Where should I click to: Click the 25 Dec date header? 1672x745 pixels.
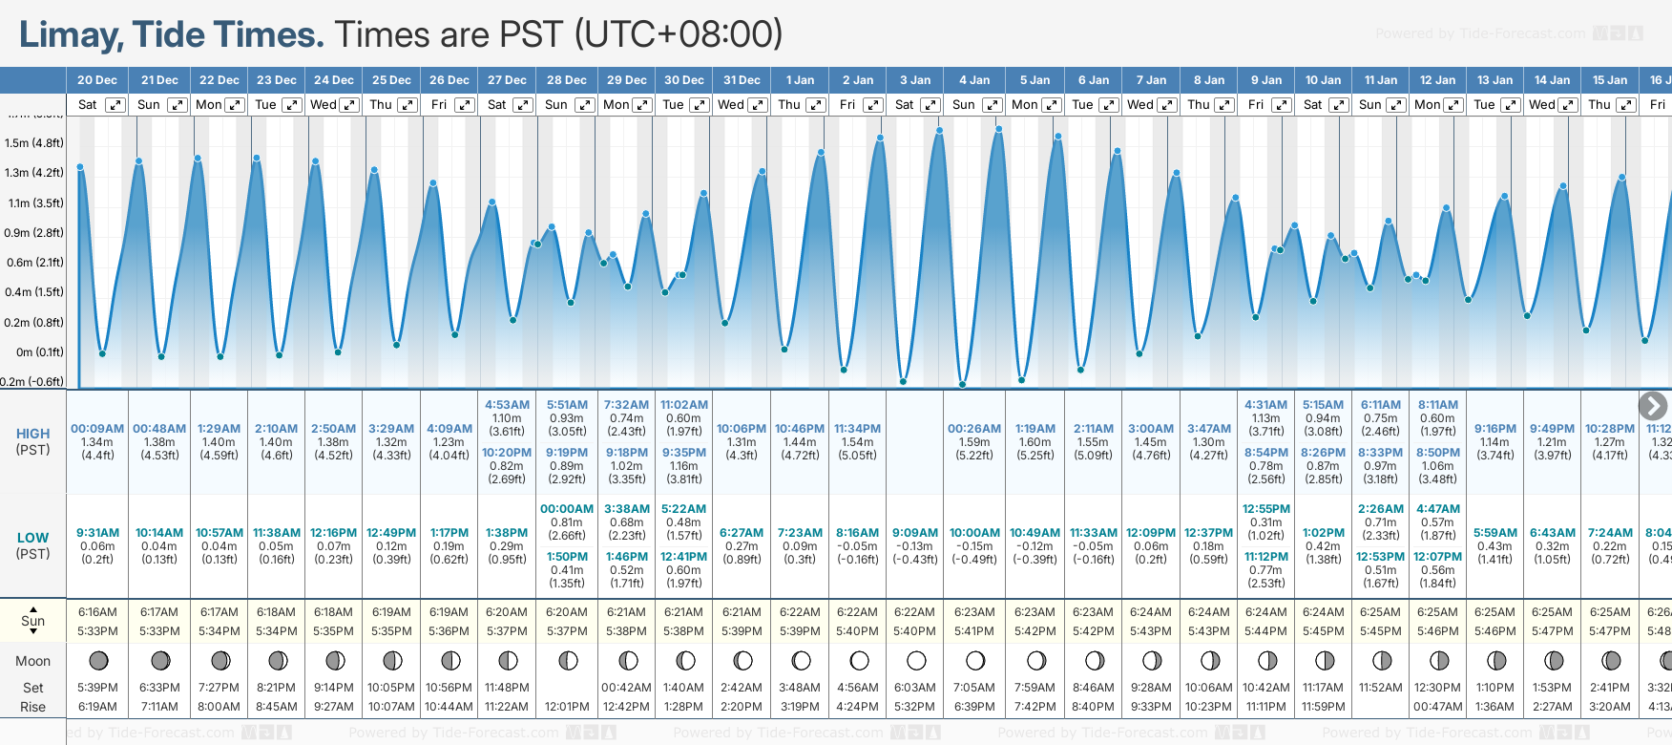391,80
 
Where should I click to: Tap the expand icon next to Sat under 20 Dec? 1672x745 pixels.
115,105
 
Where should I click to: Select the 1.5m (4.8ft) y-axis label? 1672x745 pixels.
34,143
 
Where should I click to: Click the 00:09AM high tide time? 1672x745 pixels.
97,429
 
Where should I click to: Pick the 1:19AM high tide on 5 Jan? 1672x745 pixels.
1035,429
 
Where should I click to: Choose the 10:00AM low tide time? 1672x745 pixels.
974,533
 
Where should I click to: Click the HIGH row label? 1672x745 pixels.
32,434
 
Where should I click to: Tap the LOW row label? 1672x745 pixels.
32,538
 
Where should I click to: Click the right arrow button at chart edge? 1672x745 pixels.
1652,406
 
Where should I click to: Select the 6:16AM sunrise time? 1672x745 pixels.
97,612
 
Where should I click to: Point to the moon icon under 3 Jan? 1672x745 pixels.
916,660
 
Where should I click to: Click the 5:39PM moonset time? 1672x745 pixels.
97,688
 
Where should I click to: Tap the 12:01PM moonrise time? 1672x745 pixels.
567,707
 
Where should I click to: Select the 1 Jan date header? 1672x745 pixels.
800,80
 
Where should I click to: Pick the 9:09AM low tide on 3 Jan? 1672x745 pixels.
915,533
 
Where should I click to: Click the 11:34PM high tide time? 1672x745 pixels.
857,429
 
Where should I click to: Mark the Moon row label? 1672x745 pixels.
32,661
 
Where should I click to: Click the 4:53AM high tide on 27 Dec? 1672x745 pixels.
507,405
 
